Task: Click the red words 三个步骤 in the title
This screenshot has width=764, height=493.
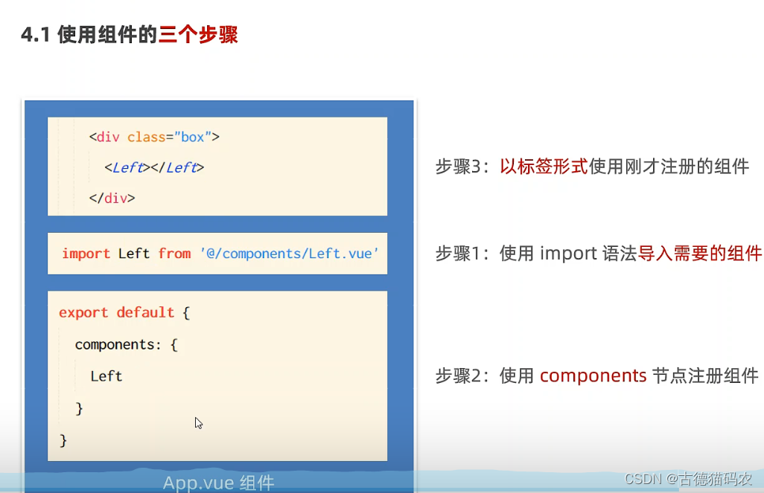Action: tap(198, 34)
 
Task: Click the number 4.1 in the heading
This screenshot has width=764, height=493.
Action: tap(36, 35)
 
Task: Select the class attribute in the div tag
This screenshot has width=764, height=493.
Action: tap(146, 138)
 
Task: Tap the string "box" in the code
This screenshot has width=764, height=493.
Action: tap(192, 138)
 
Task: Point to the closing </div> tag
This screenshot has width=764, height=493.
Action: tap(112, 198)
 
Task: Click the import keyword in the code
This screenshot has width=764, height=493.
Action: tap(86, 254)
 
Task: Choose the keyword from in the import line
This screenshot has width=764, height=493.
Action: tap(174, 254)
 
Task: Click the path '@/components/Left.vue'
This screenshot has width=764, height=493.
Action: tap(290, 254)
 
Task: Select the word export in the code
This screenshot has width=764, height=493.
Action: tap(83, 312)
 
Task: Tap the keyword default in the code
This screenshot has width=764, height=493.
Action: tap(145, 312)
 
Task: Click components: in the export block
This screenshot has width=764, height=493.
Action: tap(118, 344)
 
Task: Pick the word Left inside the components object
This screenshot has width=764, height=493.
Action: tap(106, 376)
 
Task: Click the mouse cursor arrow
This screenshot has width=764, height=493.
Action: tap(198, 423)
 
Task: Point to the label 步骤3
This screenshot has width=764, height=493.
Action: tap(459, 167)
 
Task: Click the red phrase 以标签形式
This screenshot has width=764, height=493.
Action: tap(544, 167)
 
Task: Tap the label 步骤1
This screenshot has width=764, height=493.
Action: tap(459, 254)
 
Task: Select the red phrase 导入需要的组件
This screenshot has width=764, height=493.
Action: tap(700, 254)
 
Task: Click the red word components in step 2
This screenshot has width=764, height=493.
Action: tap(593, 376)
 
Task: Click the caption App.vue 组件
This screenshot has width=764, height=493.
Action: tap(219, 483)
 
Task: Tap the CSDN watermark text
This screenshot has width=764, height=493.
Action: tap(688, 479)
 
